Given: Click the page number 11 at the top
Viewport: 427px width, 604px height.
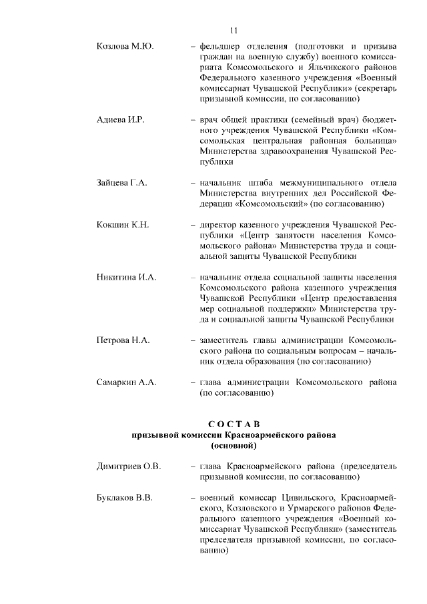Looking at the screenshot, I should coord(234,29).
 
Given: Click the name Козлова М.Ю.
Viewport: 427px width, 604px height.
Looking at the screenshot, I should coord(125,46).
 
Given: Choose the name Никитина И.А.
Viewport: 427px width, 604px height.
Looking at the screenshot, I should coord(126,277).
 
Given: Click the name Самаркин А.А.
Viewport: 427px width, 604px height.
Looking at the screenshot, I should coord(126,382).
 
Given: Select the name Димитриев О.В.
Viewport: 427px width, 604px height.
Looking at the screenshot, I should coord(129,466).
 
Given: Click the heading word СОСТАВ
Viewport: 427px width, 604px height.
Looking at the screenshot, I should coord(233,424).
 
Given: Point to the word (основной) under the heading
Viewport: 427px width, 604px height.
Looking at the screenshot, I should coord(233,444).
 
